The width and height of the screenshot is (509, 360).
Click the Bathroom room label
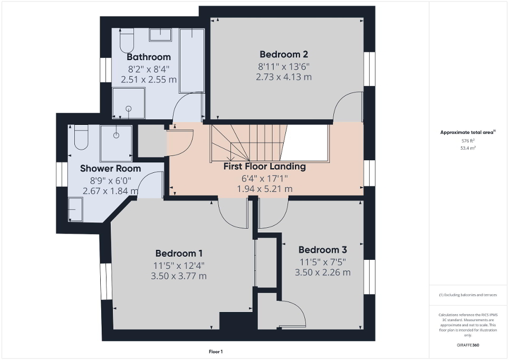coord(149,57)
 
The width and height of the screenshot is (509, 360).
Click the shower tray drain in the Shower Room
coord(116,135)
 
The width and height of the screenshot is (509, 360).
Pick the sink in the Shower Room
coord(75,209)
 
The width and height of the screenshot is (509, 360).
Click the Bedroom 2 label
coord(284,54)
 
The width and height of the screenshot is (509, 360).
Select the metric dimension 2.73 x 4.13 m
coord(284,77)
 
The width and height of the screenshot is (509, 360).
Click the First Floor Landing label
coord(265,167)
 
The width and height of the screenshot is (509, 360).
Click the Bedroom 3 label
coord(322,250)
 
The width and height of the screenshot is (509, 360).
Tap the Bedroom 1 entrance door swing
coord(232,211)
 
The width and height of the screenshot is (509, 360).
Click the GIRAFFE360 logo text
coord(468,345)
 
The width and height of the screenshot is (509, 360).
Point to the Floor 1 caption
coord(216,352)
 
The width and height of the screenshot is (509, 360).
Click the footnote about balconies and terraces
coord(468,295)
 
